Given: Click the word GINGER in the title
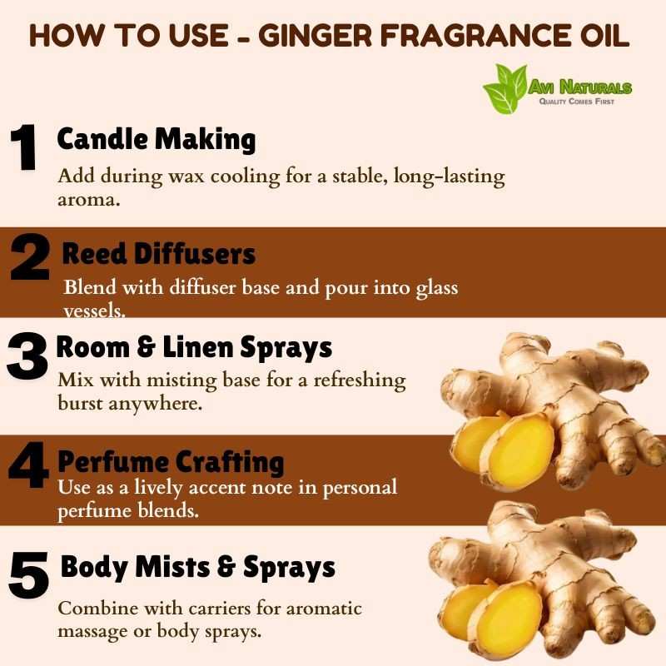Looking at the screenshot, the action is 316,35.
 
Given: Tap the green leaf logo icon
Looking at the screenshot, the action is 505,88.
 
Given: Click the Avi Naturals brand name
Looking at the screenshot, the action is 579,87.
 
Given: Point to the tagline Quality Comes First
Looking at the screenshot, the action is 576,101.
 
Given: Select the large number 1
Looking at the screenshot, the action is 24,147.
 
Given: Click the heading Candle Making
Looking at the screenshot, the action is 157,139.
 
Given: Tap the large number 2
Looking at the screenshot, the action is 30,257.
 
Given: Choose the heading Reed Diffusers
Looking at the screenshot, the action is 158,254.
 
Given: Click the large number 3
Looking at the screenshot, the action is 27,356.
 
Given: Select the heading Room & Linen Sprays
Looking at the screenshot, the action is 194,348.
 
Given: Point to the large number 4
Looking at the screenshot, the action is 28,465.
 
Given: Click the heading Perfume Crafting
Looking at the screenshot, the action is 171,462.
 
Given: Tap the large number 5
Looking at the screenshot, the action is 28,574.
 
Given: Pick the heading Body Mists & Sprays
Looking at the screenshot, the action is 198,567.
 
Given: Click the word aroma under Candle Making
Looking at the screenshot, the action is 89,200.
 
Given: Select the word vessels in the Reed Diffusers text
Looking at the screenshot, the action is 94,311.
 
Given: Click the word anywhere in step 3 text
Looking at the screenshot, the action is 155,404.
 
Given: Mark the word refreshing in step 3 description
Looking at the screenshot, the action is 360,380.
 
